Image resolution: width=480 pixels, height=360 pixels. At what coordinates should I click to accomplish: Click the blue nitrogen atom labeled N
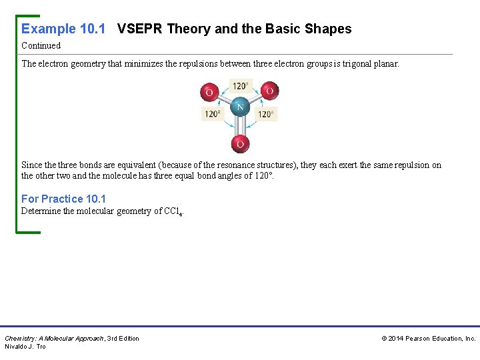239,107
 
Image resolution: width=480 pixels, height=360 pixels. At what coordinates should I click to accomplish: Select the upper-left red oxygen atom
209,92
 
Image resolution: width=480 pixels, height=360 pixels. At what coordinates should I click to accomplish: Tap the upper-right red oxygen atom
269,91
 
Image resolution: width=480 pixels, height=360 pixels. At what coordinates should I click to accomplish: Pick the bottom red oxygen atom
239,143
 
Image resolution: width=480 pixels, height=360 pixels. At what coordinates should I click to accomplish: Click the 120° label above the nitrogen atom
240,86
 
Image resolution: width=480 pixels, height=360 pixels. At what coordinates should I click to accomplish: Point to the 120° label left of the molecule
212,114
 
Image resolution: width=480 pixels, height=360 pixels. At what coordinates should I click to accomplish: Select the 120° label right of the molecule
266,114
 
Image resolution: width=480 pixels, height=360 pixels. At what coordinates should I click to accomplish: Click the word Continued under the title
41,46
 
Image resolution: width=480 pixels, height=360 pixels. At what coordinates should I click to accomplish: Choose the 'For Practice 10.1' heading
63,199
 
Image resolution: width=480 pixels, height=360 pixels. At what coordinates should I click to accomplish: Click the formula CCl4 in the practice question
173,212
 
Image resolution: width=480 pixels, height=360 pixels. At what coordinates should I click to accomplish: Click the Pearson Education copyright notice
428,339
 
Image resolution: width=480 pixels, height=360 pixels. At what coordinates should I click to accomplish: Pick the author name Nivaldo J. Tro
25,347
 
